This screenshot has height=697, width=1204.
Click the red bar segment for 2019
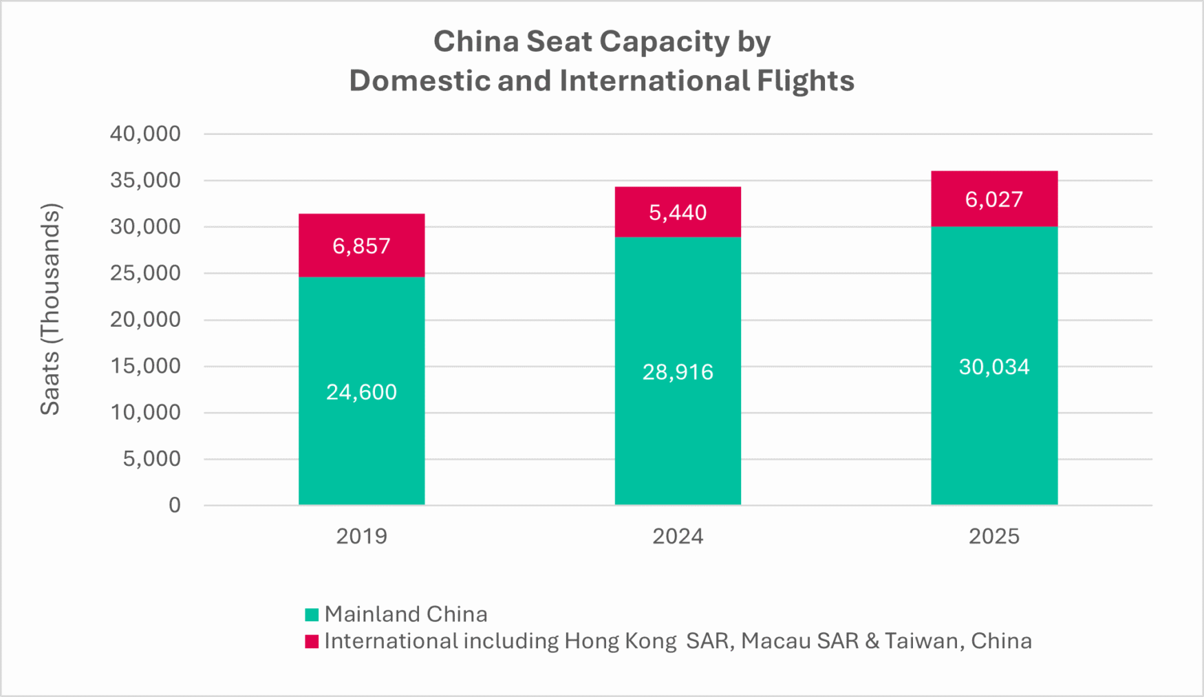pos(361,227)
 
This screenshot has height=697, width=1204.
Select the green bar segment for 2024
pos(678,427)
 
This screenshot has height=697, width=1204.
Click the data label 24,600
pos(361,392)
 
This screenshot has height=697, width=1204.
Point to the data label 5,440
pos(678,213)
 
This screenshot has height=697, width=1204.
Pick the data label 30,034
pos(994,367)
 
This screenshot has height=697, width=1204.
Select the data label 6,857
pos(361,246)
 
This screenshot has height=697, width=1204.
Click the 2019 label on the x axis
pos(361,537)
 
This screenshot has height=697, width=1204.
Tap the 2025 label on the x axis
pos(994,537)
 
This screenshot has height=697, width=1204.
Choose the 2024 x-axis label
pos(678,537)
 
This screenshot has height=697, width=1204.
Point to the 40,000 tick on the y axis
pos(145,133)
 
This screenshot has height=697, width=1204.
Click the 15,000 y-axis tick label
pos(145,366)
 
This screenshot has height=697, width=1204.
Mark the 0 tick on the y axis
pos(175,506)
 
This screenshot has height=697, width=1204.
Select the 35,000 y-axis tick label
pos(145,180)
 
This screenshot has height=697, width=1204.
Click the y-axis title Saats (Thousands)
pos(50,310)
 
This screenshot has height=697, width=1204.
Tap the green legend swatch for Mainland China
pos(312,614)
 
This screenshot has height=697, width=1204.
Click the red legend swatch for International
pos(312,641)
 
